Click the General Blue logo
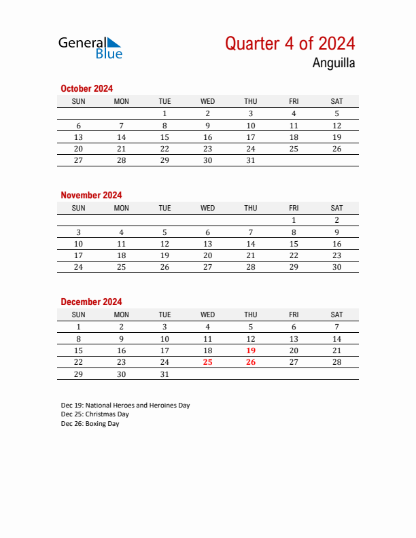[90, 48]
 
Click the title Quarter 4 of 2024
[290, 43]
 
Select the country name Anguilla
[333, 64]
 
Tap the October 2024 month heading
[86, 88]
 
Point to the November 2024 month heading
[91, 195]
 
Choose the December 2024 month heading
[91, 302]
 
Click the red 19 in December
[251, 351]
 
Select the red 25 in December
[208, 362]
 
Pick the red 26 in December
[251, 362]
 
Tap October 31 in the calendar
[251, 160]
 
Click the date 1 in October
[164, 113]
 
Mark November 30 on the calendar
[336, 267]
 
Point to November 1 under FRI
[294, 220]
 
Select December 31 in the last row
[164, 374]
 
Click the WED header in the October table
[208, 101]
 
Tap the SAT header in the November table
[336, 208]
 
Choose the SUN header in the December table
[79, 315]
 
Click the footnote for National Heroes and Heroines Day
[125, 405]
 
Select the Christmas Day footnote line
[94, 414]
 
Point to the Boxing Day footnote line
[90, 424]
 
